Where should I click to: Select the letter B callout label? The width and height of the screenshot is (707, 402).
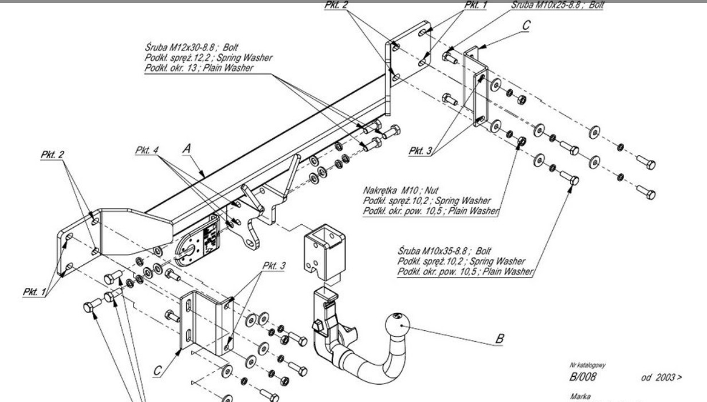pyautogui.click(x=500, y=339)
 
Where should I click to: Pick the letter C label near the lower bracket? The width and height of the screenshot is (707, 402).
pyautogui.click(x=158, y=372)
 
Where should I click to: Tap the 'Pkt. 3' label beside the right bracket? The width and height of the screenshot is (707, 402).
pyautogui.click(x=422, y=151)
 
